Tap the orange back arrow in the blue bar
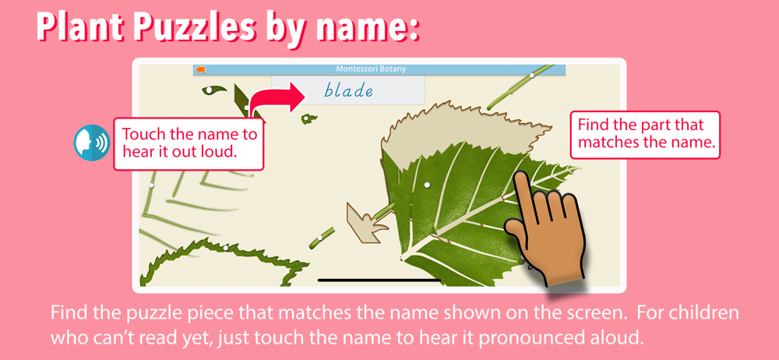tap(201, 69)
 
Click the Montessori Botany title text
tap(371, 69)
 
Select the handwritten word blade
tap(348, 90)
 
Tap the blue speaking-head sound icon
tap(92, 143)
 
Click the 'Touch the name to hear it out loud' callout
tap(189, 143)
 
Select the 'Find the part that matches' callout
tap(646, 135)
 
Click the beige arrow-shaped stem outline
tap(367, 224)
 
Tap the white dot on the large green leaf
tap(427, 185)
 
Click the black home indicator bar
tap(379, 280)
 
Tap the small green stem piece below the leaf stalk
tap(321, 238)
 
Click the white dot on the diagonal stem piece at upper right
tap(531, 76)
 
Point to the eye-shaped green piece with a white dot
tap(213, 90)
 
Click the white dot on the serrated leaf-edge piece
tap(226, 248)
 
